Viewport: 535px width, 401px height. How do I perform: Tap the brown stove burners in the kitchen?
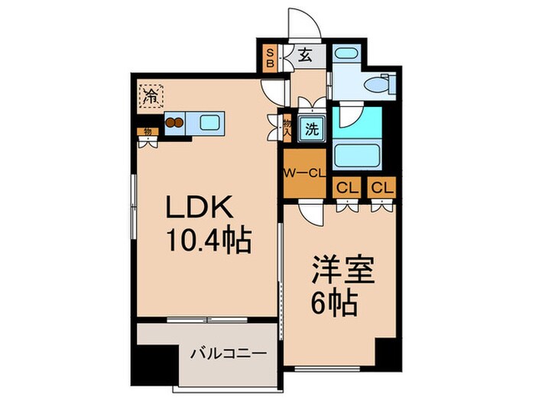(174, 121)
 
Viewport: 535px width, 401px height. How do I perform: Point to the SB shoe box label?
(270, 58)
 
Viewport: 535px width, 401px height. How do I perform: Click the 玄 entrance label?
(303, 55)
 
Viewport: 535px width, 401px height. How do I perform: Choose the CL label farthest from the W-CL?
(381, 186)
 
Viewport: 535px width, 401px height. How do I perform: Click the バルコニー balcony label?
(228, 354)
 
